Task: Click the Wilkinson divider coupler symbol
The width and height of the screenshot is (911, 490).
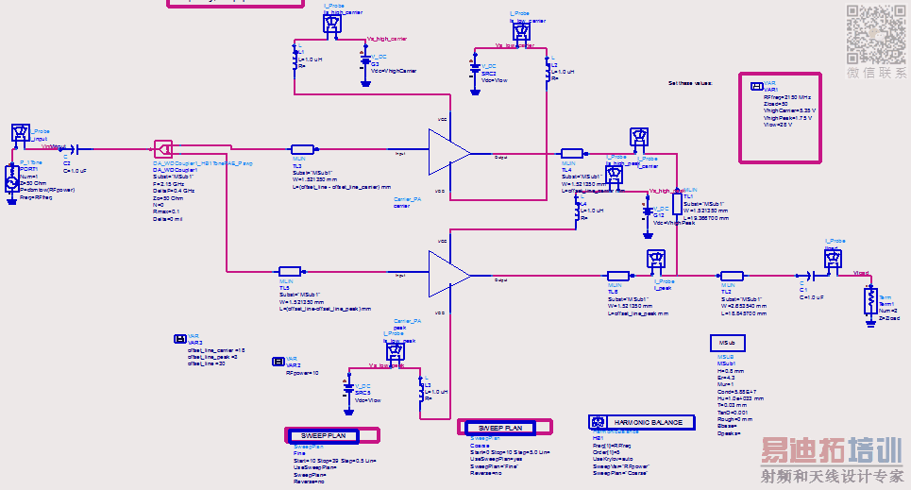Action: (x=163, y=148)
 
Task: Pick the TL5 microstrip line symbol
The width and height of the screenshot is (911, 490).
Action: (x=290, y=271)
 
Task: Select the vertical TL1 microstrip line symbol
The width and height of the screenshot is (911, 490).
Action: (x=676, y=206)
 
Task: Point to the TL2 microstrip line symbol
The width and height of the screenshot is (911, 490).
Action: (x=732, y=276)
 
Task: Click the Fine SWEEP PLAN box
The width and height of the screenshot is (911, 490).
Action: (x=332, y=435)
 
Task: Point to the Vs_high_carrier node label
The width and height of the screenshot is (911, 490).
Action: (x=384, y=40)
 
